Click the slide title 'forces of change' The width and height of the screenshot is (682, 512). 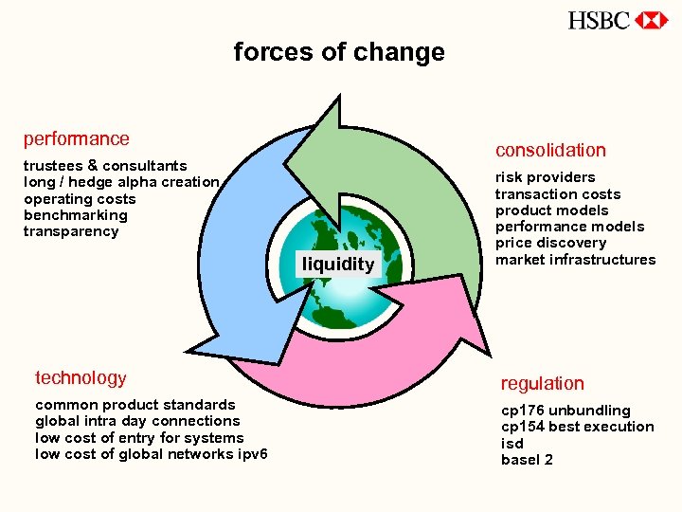point(339,52)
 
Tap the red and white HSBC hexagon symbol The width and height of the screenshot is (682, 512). point(651,20)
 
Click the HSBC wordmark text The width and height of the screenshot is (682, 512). point(599,20)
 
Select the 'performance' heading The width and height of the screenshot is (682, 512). point(77,138)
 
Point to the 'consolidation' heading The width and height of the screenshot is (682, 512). point(550,150)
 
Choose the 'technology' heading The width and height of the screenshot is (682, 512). point(81,377)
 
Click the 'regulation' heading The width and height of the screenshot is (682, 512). point(543,383)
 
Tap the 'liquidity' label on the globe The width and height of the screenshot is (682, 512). point(338,264)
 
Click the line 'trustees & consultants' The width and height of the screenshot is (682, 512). point(105,166)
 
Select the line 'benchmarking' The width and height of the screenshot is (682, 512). point(76,215)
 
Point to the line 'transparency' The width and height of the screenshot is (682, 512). point(71,231)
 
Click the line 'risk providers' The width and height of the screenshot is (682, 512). point(546,177)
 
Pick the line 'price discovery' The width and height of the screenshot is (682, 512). point(550,243)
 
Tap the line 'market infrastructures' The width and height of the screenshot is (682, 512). point(575,260)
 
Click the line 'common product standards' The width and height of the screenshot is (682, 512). point(135,405)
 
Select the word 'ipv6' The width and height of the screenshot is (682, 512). point(254,454)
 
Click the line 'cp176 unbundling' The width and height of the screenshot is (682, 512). point(565,411)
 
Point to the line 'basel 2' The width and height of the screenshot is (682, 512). point(527,460)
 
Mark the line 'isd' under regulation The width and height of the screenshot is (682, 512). point(512,444)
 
